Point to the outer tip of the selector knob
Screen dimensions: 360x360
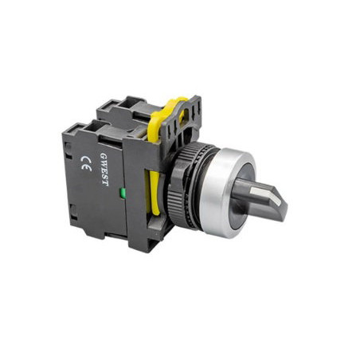click(x=284, y=206)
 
